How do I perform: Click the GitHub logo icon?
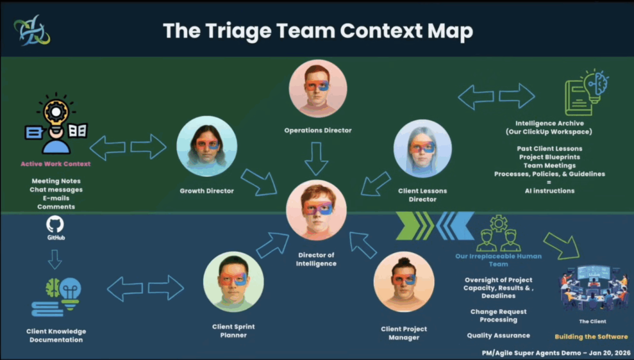click(55, 225)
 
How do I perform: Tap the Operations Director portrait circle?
click(318, 89)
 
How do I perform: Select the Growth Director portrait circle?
click(207, 146)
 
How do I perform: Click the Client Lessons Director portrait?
click(423, 149)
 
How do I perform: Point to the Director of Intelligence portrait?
click(316, 210)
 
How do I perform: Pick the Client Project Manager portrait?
click(404, 281)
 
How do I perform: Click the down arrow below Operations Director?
click(316, 158)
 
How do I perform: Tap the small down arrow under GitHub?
click(55, 259)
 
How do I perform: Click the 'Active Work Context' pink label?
click(56, 164)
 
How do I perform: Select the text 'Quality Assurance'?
click(498, 336)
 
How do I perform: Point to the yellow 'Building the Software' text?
click(591, 336)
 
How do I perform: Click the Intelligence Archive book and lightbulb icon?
click(586, 93)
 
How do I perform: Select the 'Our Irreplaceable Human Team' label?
click(498, 260)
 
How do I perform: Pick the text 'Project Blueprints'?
click(549, 157)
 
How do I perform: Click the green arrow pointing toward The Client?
click(562, 245)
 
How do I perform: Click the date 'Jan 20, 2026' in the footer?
click(609, 353)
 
